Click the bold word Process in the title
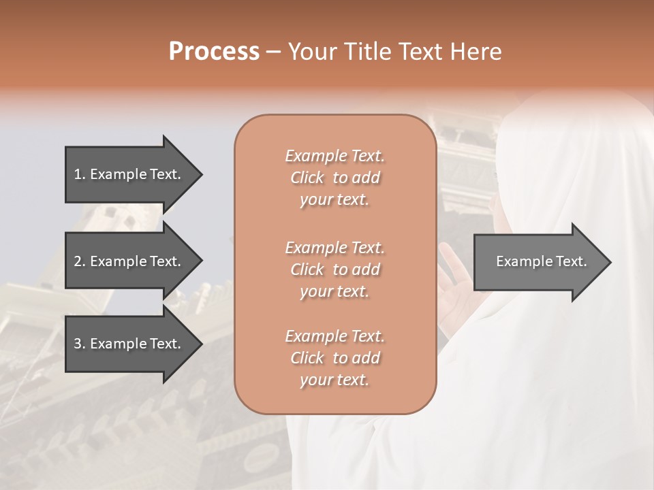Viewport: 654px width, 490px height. pos(214,52)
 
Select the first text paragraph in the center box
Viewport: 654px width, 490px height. pos(334,178)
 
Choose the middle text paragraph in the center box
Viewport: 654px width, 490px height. pos(334,269)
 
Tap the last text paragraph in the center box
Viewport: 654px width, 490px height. pos(334,358)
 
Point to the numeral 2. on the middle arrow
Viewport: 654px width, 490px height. pos(80,261)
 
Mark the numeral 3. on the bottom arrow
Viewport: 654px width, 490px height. pos(80,344)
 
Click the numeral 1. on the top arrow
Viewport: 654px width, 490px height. pos(80,174)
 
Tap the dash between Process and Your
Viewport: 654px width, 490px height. pos(273,52)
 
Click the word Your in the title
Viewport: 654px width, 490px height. pos(311,52)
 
